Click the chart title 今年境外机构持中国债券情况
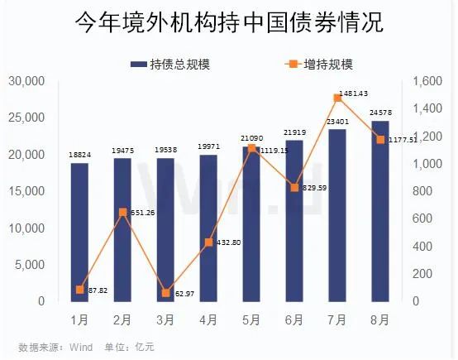coord(229,22)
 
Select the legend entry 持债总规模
coord(170,64)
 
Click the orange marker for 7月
coord(336,98)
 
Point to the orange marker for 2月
coord(122,212)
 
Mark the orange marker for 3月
coord(165,293)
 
